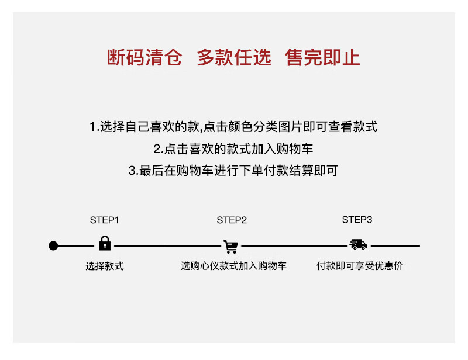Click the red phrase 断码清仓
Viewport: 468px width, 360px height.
(144, 58)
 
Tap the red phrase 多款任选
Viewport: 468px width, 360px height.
(234, 58)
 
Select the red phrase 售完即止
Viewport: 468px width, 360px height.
(323, 58)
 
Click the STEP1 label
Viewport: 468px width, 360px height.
(105, 220)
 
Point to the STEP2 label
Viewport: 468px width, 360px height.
(232, 220)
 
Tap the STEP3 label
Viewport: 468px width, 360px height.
(357, 220)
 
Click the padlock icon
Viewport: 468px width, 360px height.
(105, 244)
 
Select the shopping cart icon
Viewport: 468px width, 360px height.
(231, 246)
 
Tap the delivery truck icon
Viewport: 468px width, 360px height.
(358, 245)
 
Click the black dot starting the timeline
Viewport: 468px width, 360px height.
(53, 246)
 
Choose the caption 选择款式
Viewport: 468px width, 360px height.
(105, 266)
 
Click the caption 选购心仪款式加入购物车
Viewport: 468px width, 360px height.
(233, 266)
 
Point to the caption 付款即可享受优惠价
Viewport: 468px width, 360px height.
(360, 266)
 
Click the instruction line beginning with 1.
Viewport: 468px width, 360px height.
(233, 127)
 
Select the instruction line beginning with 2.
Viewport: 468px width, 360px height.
(233, 149)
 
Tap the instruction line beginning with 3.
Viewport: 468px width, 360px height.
(233, 171)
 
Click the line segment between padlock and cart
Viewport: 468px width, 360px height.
(167, 246)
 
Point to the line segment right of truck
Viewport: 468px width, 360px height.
(395, 246)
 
